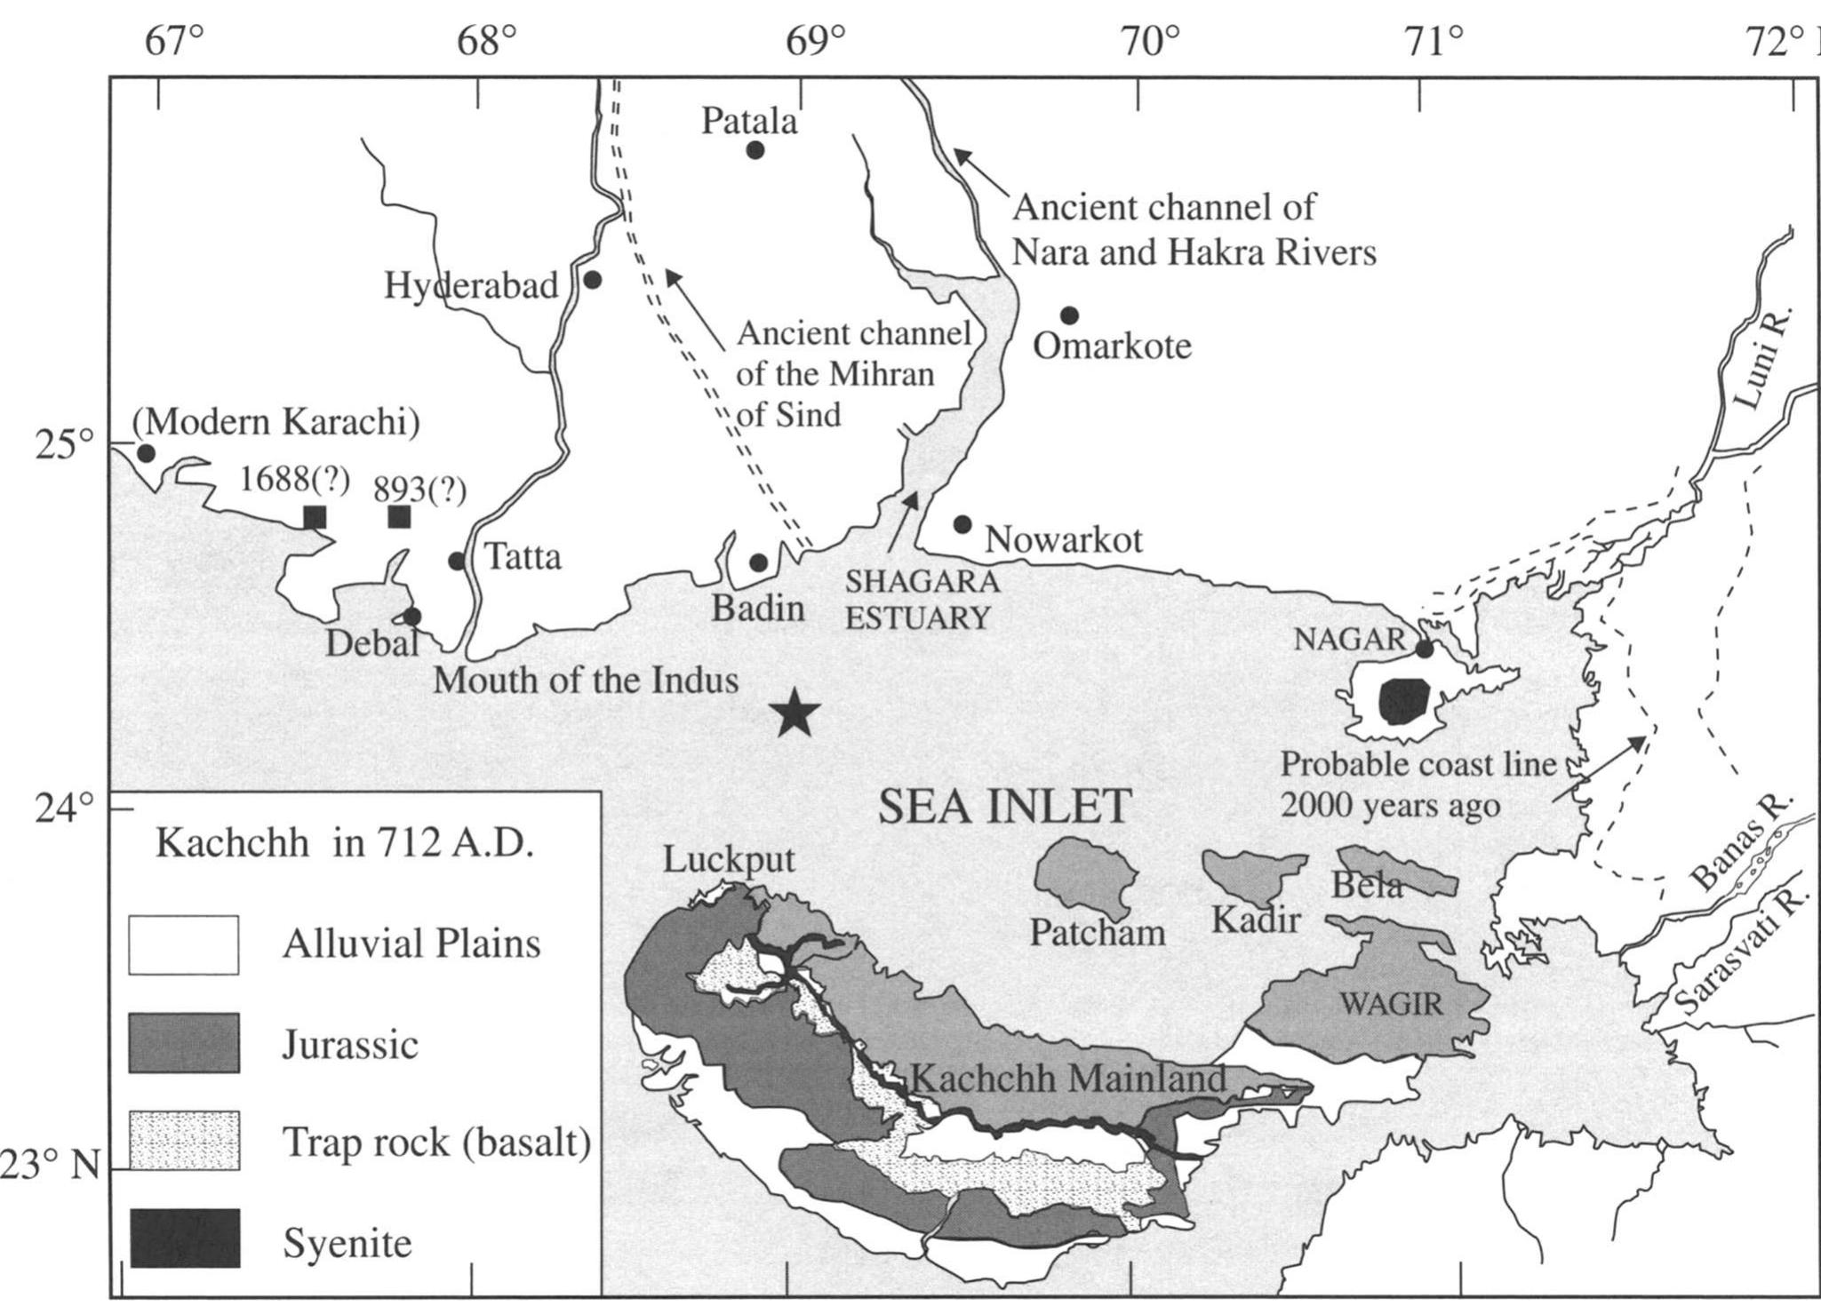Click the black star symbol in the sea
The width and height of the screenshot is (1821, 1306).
(x=796, y=714)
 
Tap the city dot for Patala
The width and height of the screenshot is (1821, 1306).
(x=755, y=150)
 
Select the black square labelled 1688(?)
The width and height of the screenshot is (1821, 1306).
(x=315, y=517)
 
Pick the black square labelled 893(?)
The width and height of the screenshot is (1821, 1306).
(x=399, y=516)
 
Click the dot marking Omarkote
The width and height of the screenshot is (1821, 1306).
(x=1069, y=315)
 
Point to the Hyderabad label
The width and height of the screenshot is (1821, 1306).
(x=471, y=286)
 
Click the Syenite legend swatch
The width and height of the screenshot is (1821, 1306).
(x=184, y=1238)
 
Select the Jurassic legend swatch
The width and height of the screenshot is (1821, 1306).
(x=184, y=1043)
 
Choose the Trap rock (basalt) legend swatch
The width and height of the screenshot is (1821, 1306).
(x=184, y=1141)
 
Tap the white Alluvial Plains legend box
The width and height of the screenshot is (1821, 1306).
(x=184, y=945)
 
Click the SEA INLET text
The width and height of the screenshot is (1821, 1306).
(x=1004, y=807)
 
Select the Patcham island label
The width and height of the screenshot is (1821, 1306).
(x=1097, y=932)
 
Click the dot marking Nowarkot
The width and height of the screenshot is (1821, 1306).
(x=962, y=524)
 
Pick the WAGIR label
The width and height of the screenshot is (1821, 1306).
(x=1391, y=1005)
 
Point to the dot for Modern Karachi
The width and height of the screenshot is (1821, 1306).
(x=147, y=453)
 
